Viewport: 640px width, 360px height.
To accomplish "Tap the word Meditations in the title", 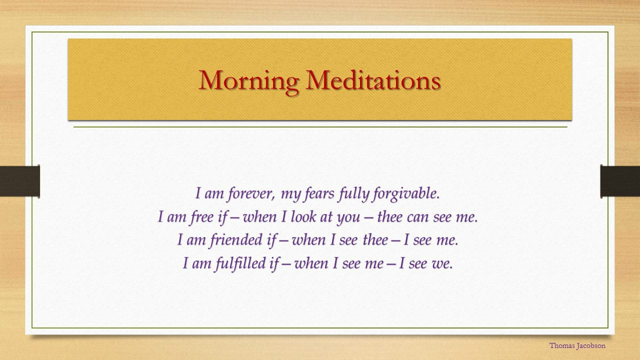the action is [373, 80].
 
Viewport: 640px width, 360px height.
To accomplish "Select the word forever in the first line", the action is [251, 193].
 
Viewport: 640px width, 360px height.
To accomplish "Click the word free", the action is [201, 217].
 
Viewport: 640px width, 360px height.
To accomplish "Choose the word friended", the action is [235, 240].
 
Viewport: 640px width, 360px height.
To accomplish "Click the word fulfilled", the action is [240, 263].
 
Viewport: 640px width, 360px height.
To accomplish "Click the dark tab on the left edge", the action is [19, 181].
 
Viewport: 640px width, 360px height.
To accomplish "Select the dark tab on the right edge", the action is [620, 181].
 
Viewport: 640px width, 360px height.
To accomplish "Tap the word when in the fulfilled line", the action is [311, 263].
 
